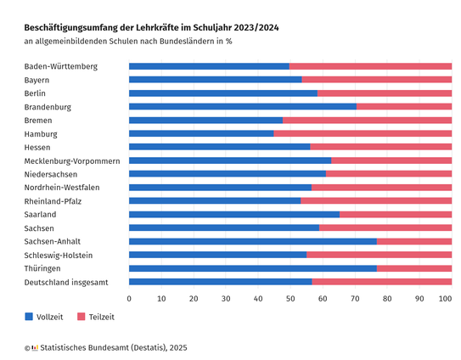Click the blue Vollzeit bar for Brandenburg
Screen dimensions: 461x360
[243, 106]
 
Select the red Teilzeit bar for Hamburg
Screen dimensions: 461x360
[363, 133]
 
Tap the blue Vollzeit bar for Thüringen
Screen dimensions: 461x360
[253, 268]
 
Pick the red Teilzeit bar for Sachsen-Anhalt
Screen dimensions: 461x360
[414, 241]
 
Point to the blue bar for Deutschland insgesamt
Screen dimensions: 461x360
[221, 282]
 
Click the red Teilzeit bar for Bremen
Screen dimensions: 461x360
[368, 120]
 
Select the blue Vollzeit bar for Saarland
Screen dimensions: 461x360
[234, 215]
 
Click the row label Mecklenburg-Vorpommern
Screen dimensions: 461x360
[72, 161]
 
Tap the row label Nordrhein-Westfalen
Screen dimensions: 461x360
[62, 188]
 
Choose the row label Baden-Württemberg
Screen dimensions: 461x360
[61, 66]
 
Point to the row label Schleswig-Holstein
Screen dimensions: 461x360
[59, 256]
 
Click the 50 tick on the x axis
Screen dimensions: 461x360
[290, 299]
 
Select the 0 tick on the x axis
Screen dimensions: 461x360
[129, 299]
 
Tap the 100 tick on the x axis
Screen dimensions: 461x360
[445, 299]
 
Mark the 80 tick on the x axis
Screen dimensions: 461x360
[387, 299]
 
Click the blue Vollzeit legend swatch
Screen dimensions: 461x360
[29, 317]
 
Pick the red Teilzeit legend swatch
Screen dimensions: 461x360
[82, 317]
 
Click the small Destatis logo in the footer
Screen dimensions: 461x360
[35, 348]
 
